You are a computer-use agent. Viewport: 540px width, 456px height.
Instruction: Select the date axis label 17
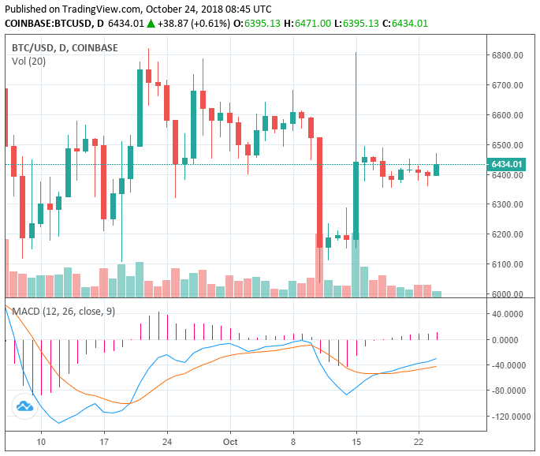(104, 443)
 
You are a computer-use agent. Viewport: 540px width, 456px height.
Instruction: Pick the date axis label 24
(166, 443)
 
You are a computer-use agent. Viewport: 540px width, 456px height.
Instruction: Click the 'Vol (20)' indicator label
(29, 62)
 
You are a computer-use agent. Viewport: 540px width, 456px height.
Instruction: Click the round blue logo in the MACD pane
(24, 406)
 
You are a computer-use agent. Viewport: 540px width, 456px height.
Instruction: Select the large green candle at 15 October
(356, 200)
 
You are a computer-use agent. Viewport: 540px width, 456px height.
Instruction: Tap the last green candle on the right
(437, 170)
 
